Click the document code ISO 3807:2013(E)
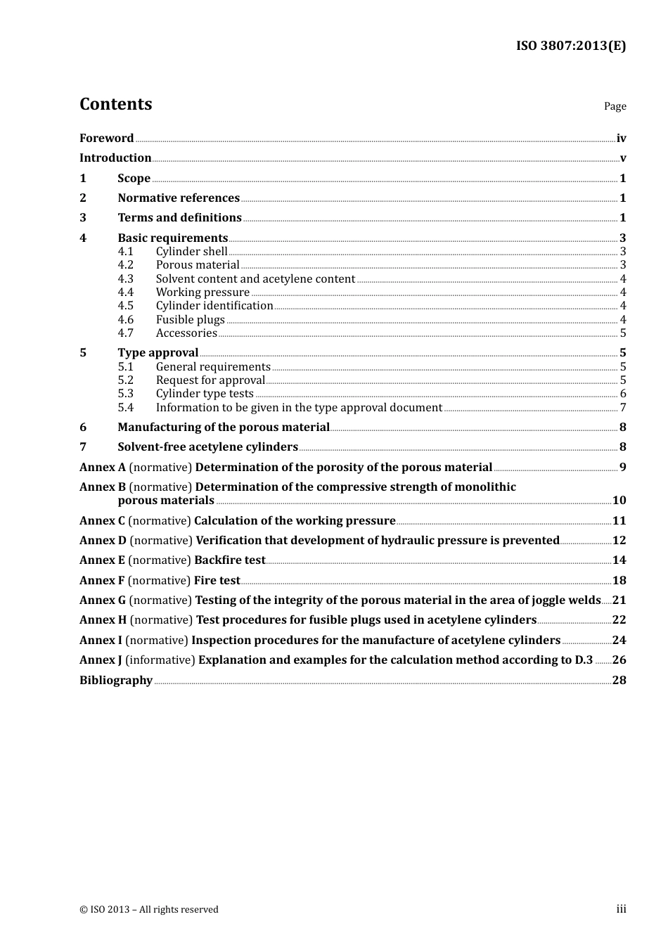tap(570, 46)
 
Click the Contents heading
tap(115, 104)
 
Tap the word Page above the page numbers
tap(615, 106)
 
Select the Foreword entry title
tap(106, 138)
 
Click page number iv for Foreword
tap(621, 139)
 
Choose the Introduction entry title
tap(115, 158)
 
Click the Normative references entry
tap(179, 198)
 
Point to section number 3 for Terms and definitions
tap(83, 218)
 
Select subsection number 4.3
tap(125, 279)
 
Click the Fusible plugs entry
tap(190, 320)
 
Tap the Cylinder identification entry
tap(214, 306)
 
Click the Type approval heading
tap(158, 353)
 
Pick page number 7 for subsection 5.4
tap(622, 408)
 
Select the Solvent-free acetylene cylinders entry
tap(208, 447)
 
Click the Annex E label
tap(102, 560)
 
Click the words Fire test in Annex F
tap(217, 581)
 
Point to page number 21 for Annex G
tap(619, 600)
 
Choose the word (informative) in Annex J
tap(160, 660)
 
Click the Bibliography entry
tap(116, 681)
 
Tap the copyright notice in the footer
tap(149, 910)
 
